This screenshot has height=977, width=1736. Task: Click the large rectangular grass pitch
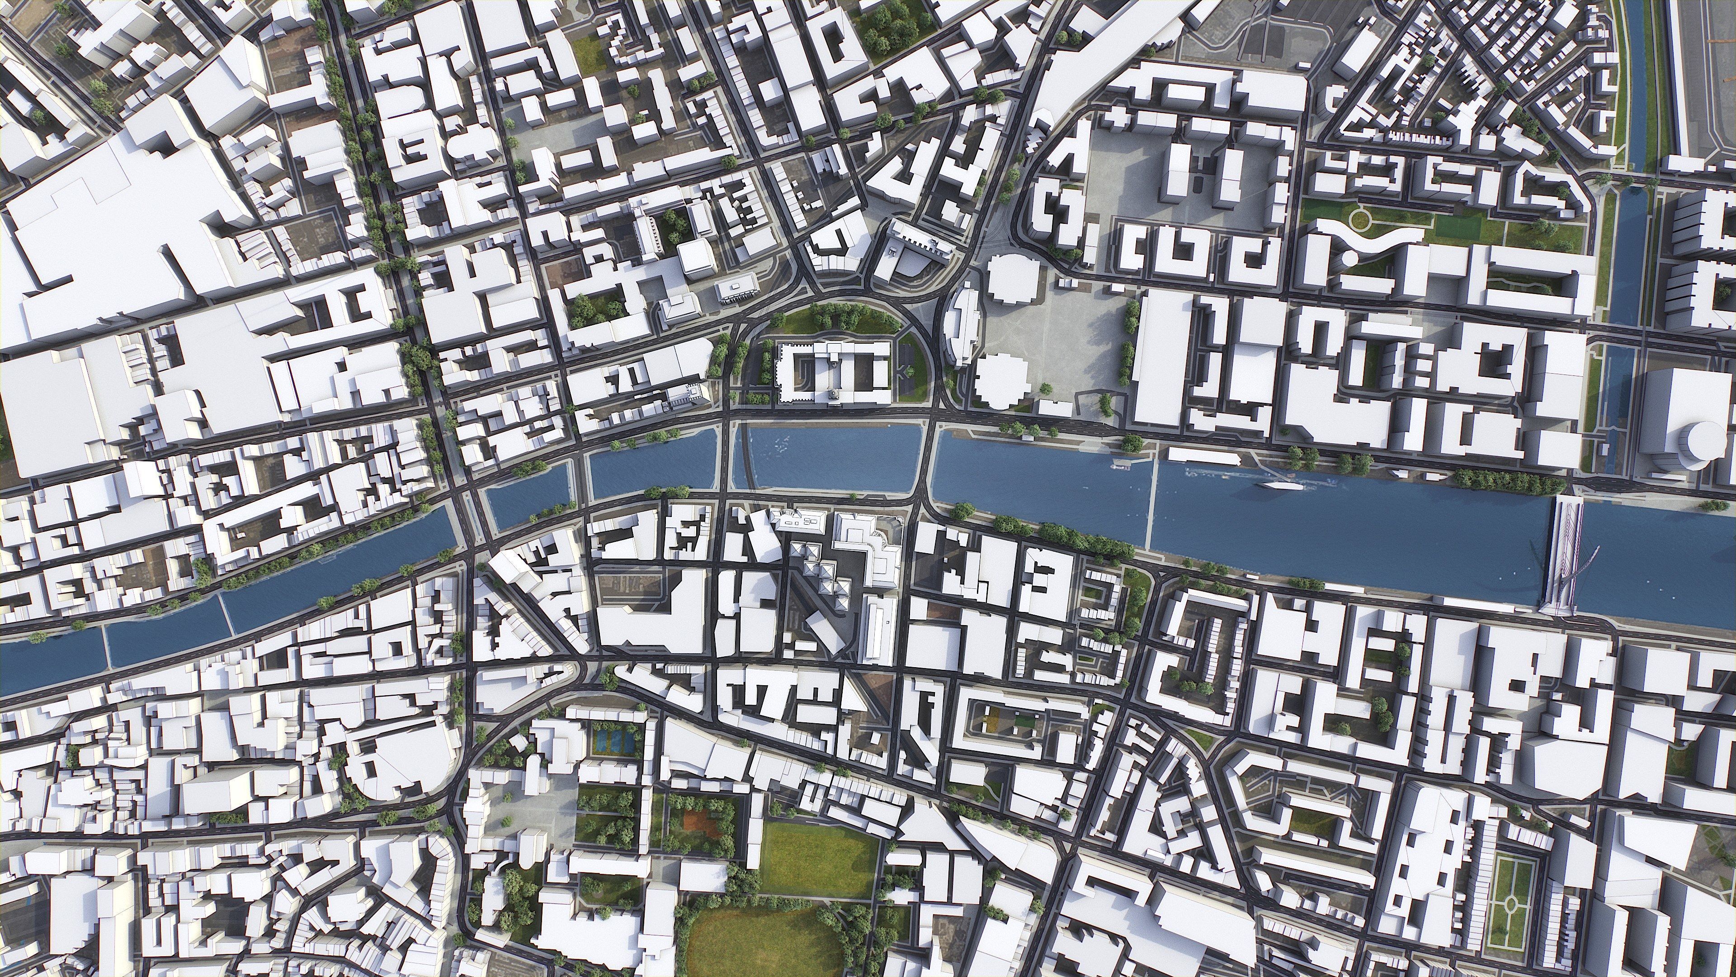[x=819, y=860]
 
